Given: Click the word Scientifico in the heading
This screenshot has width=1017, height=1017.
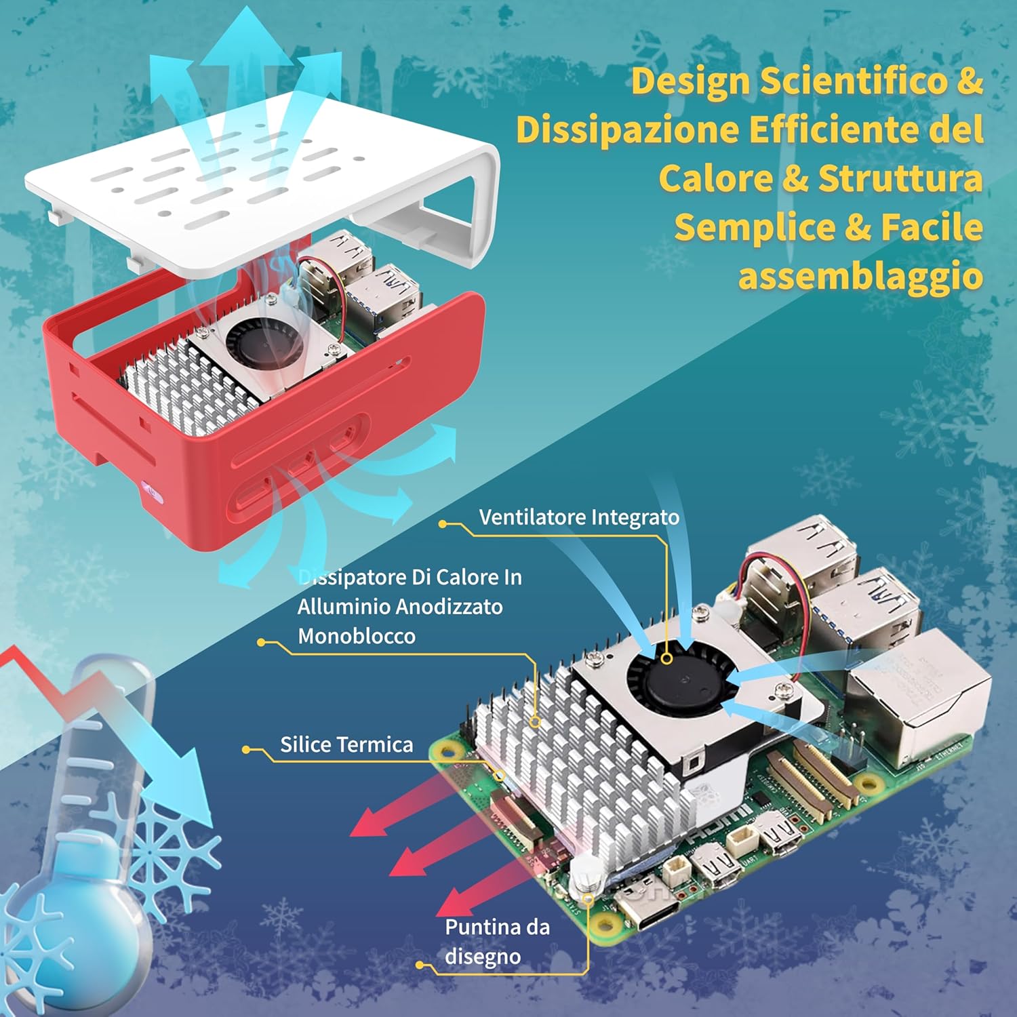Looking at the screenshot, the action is point(853,81).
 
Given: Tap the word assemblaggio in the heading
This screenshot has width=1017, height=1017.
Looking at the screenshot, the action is point(860,277).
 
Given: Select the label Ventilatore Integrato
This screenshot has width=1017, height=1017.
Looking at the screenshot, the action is point(579,517).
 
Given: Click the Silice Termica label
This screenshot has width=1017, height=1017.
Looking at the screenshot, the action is point(346,744).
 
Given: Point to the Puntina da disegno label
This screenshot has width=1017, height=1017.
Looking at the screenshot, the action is point(497,942).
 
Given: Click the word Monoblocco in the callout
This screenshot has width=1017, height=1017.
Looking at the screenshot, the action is point(357,636).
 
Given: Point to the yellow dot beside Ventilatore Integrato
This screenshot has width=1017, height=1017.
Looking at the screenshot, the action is point(443,524).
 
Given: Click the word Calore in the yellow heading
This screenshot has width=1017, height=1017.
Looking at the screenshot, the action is point(716,179).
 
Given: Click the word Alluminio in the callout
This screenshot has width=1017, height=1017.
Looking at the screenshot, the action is point(342,606).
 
